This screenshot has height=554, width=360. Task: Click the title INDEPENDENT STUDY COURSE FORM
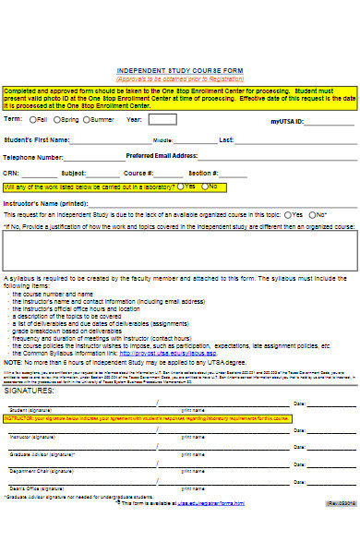[179, 70]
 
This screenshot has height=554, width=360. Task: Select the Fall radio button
[33, 119]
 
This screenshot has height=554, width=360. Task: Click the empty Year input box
[162, 119]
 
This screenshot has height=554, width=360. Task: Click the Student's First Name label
[36, 140]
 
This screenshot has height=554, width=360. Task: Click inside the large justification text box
[179, 249]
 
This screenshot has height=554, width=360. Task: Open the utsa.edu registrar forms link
[211, 503]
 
